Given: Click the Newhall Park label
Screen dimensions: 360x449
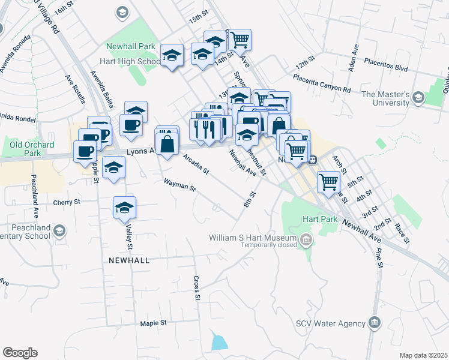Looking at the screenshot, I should point(130,46).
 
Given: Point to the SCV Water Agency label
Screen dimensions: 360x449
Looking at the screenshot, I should point(331,323).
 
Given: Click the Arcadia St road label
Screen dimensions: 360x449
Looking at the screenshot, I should point(195,163).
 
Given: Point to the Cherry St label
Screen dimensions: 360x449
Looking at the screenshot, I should point(66,202).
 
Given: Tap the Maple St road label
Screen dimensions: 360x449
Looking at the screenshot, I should point(153,323).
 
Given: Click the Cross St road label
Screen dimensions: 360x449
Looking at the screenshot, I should point(196,287).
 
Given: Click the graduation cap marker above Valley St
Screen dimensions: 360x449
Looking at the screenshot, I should point(125,207).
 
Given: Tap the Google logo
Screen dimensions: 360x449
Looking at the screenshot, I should point(20,353).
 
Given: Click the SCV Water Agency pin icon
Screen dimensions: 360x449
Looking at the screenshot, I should point(375,323).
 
